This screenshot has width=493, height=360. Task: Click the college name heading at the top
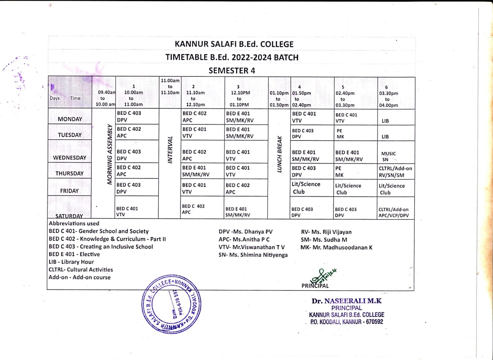point(234,44)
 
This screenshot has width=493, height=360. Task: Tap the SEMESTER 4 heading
point(232,71)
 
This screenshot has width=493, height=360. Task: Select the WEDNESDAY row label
point(70,158)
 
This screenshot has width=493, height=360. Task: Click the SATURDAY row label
point(69,216)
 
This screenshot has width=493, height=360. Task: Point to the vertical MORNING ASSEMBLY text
point(110,154)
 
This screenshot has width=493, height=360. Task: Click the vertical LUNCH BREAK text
point(279,154)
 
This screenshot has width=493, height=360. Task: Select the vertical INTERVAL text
point(170,150)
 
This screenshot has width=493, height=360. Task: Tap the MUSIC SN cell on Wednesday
point(388,156)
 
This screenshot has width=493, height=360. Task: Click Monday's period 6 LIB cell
point(385,121)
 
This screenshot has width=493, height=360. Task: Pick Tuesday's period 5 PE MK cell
point(340,134)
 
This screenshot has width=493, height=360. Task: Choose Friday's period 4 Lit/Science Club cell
point(306,188)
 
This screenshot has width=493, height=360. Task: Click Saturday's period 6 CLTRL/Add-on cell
point(394,212)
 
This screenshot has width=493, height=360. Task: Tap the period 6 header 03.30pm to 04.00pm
point(388,96)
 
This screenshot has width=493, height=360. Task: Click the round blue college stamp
point(171,304)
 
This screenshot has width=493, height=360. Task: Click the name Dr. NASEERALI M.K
point(346,301)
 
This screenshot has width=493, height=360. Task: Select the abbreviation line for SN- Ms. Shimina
point(253,255)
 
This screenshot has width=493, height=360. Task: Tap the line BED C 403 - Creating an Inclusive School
point(101,247)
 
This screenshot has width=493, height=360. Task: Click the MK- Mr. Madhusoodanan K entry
point(336,248)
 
